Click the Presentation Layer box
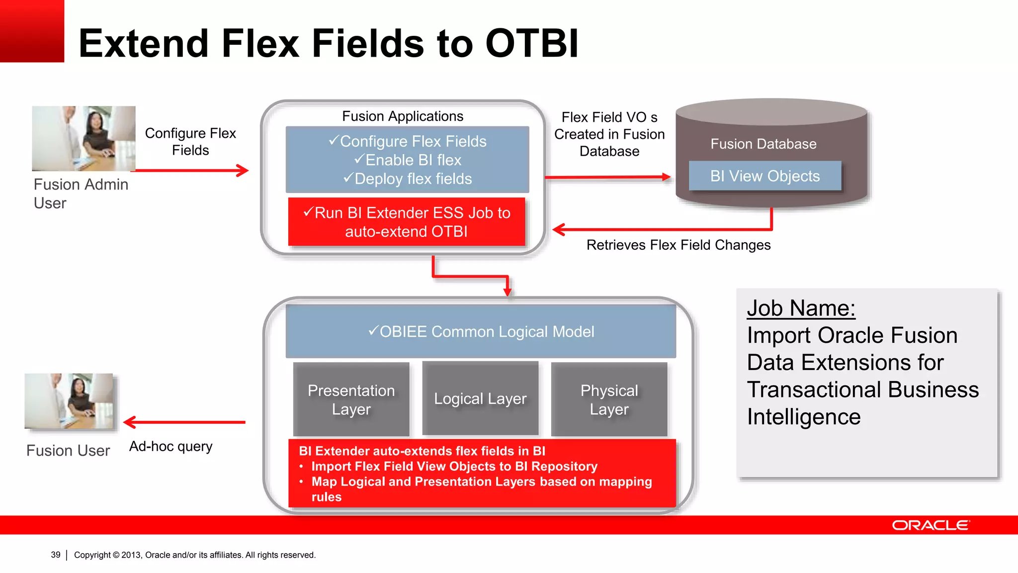[x=351, y=399]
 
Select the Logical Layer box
[x=480, y=398]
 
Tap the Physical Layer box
[x=609, y=399]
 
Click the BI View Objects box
[x=764, y=176]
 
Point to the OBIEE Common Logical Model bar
[x=481, y=332]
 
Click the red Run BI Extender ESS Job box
[x=407, y=222]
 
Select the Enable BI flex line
[x=408, y=160]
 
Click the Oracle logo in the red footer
[x=930, y=525]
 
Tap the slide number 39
[x=56, y=555]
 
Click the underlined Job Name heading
[x=801, y=308]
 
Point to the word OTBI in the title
[x=532, y=44]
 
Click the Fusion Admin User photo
[x=84, y=138]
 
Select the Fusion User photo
[x=69, y=401]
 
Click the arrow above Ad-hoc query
[x=184, y=422]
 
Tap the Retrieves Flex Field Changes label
[x=679, y=245]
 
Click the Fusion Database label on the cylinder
[x=763, y=144]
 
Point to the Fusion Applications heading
[x=403, y=116]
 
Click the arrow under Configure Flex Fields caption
[x=192, y=171]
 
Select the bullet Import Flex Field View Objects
[x=454, y=467]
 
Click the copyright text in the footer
[x=194, y=555]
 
